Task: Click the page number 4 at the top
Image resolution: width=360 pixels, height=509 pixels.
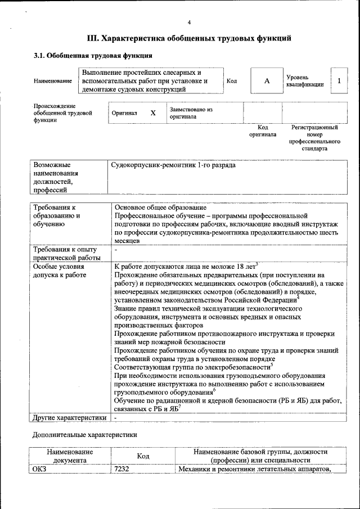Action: [189, 22]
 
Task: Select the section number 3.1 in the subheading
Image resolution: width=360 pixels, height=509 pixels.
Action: [39, 56]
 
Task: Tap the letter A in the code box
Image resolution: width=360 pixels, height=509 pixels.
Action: [267, 81]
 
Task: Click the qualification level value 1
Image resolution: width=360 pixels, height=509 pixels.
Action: [339, 81]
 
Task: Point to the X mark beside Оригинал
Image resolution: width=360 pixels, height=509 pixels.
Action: [152, 113]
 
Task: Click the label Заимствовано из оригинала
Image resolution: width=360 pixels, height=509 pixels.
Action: [191, 113]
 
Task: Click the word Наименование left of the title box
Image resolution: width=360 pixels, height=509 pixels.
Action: [53, 82]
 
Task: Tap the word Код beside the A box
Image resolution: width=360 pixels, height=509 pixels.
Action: [231, 82]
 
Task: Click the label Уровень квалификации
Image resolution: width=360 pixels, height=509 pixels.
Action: [304, 81]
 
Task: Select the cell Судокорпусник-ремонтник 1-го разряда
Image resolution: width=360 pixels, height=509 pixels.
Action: [173, 166]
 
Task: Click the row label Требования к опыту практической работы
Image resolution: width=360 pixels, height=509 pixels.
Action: [65, 253]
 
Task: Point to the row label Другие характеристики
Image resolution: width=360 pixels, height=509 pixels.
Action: [69, 418]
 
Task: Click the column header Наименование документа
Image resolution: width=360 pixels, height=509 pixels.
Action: [70, 456]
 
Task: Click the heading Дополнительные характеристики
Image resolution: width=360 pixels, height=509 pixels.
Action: [84, 435]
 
